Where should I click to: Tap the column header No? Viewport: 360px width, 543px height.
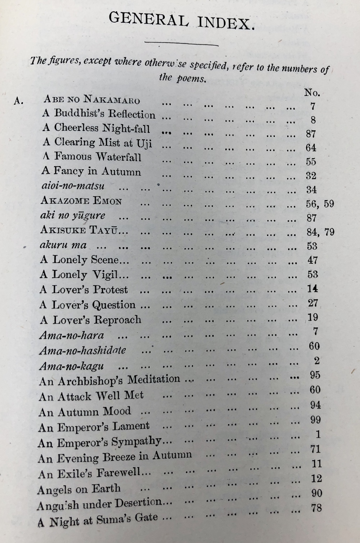click(312, 93)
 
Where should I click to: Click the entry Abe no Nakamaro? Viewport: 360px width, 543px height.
click(92, 99)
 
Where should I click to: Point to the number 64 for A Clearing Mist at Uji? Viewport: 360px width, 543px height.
click(311, 148)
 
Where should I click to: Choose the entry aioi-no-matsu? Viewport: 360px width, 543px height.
click(72, 186)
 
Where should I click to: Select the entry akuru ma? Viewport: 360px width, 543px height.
click(63, 245)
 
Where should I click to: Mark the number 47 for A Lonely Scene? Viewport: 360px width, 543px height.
click(312, 260)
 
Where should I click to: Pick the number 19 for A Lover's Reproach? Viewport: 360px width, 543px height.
click(313, 317)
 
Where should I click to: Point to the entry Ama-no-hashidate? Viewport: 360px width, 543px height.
click(82, 350)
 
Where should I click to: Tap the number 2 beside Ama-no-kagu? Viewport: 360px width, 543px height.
click(316, 360)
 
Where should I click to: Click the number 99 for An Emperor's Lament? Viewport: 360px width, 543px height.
click(315, 419)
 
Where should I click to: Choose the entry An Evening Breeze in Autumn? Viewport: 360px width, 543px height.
click(114, 457)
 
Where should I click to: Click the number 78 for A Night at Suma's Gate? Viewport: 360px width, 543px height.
click(316, 508)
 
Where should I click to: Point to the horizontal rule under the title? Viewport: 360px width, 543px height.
click(181, 44)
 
